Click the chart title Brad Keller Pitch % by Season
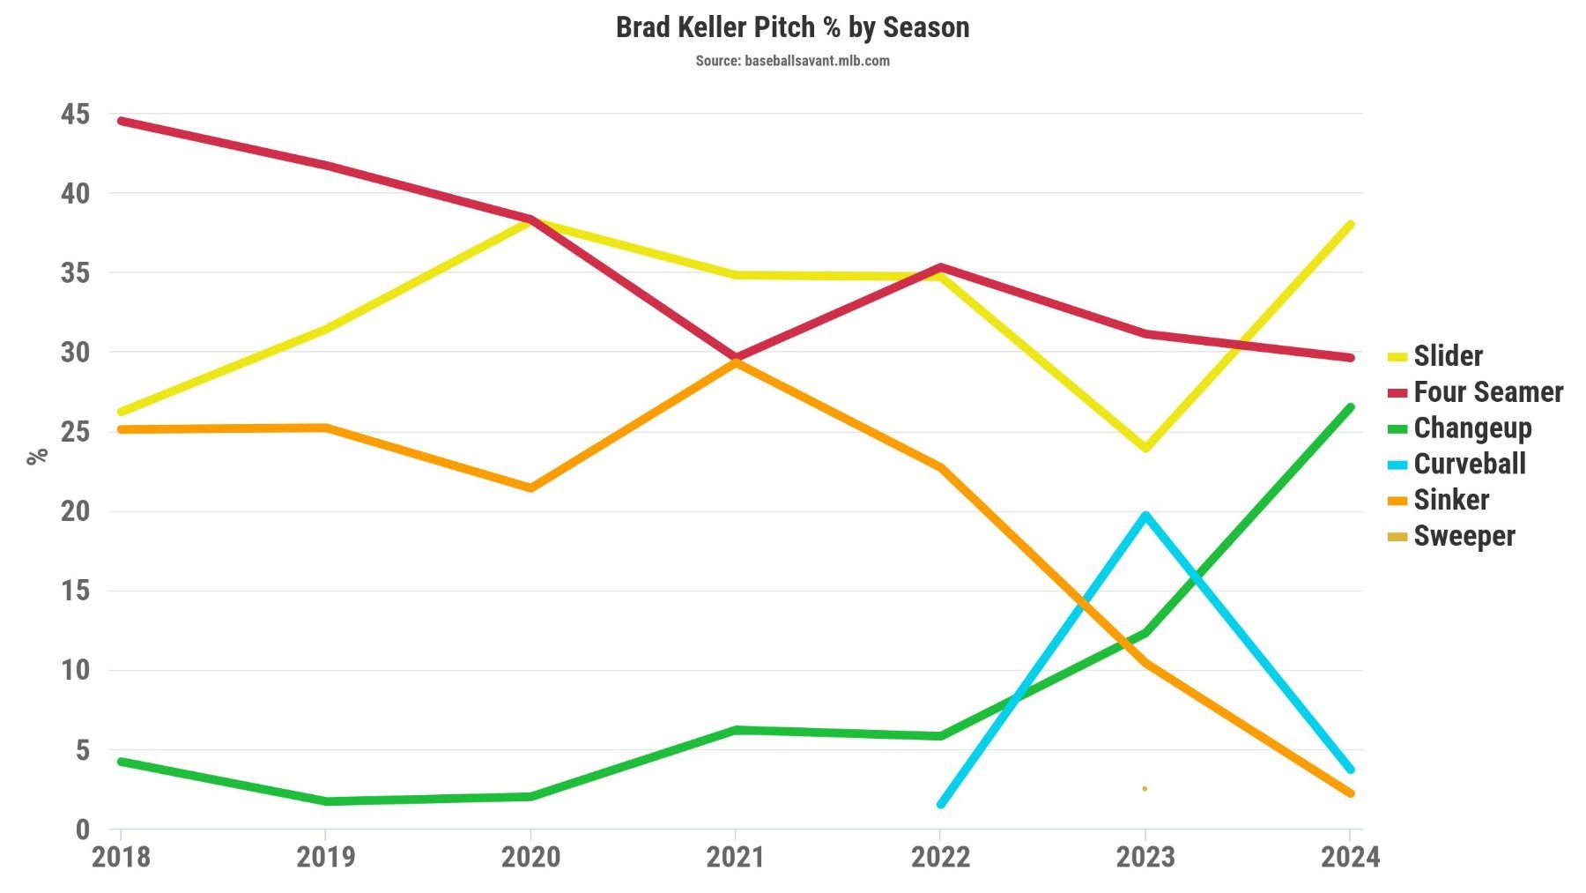coord(792,27)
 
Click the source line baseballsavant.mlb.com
coord(792,61)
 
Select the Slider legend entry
coord(1448,356)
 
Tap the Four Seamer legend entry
coord(1487,392)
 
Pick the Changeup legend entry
coord(1471,428)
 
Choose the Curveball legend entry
coord(1469,465)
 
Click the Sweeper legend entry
coord(1464,536)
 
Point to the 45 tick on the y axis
coord(75,114)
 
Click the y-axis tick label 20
coord(75,511)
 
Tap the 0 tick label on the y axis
coord(82,829)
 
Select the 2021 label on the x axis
coord(735,857)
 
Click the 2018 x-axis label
coord(121,857)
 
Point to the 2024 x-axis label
coord(1349,857)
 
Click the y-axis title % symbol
coord(37,456)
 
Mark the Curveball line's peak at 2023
coord(1145,515)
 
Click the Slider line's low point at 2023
coord(1145,448)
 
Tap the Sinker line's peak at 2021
coord(735,361)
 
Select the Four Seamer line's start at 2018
coord(121,121)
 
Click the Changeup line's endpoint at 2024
coord(1350,407)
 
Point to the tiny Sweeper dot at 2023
coord(1145,788)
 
